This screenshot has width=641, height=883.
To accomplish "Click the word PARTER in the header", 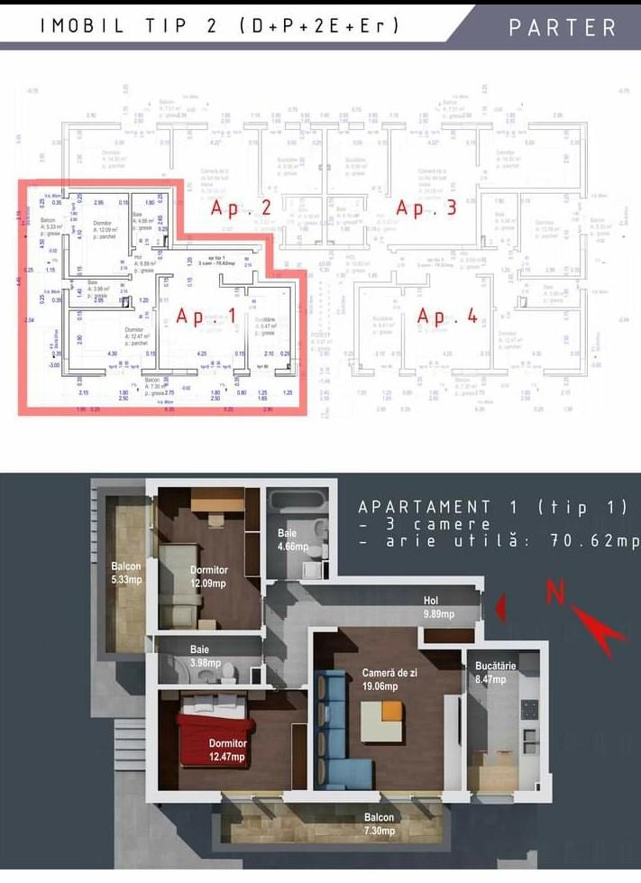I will [562, 26].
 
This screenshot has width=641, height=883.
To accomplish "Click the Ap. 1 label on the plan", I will [206, 316].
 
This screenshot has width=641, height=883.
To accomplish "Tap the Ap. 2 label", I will [241, 208].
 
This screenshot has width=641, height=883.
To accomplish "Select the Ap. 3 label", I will [426, 208].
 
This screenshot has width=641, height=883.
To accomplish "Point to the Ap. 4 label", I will [446, 317].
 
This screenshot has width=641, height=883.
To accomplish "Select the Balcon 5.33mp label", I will [127, 572].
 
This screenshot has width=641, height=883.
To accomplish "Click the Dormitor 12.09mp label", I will [208, 576].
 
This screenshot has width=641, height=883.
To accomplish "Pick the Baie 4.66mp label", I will [292, 540].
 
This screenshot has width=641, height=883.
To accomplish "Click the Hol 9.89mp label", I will [438, 607].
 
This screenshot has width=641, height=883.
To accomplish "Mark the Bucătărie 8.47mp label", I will [495, 672].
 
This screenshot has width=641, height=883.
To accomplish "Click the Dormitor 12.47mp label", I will [226, 750].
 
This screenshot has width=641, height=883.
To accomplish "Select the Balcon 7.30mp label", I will [380, 823].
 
